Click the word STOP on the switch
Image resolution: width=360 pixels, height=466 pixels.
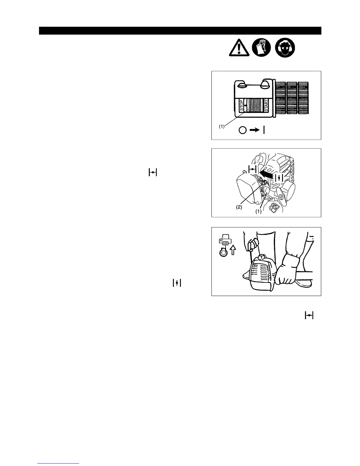[241, 105]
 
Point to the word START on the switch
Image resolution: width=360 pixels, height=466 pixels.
[266, 105]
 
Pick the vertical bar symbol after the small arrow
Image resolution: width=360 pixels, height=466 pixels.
[264, 130]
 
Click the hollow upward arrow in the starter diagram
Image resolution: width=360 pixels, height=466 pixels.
[233, 250]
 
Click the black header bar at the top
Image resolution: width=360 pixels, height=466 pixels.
[180, 31]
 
